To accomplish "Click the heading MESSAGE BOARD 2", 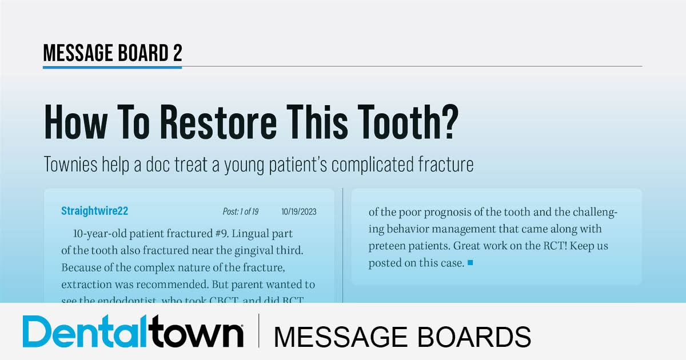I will tap(113, 53).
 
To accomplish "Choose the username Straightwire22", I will tap(94, 211).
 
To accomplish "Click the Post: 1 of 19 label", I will tap(240, 212).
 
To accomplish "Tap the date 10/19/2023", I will tap(299, 212).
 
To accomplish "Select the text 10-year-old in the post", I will tap(100, 234).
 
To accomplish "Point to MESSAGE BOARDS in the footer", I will tap(402, 336).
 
